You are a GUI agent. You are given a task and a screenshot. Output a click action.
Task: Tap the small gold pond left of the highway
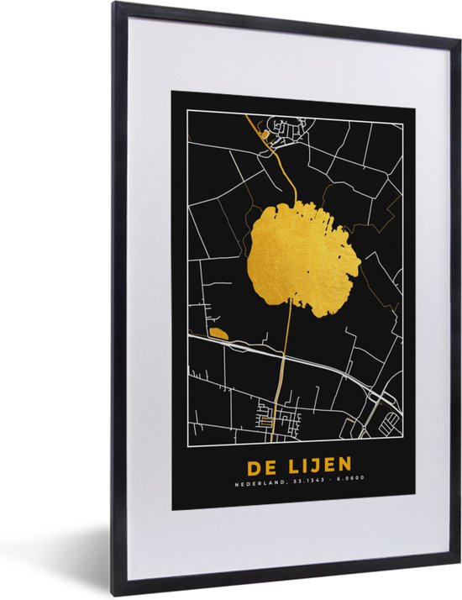pos(218,334)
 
